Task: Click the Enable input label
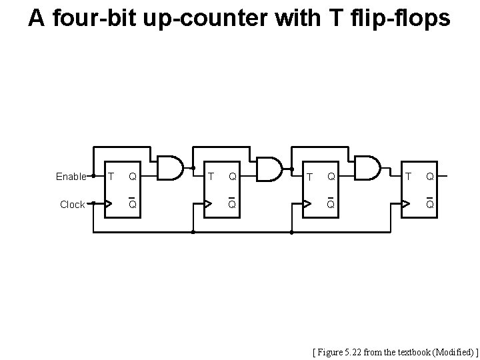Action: (x=71, y=177)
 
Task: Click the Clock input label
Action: (x=72, y=205)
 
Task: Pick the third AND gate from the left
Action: (x=367, y=169)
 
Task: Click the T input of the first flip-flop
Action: (x=111, y=177)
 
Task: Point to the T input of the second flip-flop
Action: (x=211, y=177)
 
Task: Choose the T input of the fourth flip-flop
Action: (x=409, y=177)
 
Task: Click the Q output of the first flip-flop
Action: (x=133, y=177)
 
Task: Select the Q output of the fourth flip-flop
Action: (x=431, y=177)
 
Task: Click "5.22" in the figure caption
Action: (x=359, y=350)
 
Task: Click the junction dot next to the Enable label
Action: (x=93, y=176)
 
